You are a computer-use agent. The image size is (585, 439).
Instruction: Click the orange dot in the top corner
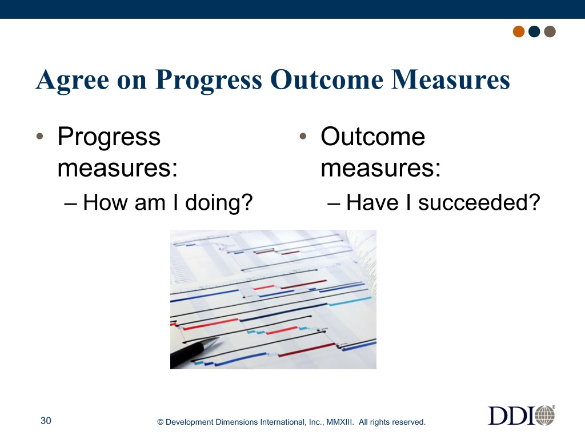coord(519,31)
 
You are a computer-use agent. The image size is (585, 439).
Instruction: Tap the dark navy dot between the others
coord(534,31)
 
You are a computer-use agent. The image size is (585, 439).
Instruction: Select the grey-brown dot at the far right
coord(550,31)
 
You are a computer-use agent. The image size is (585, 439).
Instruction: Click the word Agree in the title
coord(73,80)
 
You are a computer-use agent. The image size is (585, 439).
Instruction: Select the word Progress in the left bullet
coord(109,137)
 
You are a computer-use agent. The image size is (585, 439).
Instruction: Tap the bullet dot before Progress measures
coord(40,136)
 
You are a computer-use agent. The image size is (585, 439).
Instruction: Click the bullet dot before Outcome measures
coord(303,136)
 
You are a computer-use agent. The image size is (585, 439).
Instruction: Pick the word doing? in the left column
coord(219,203)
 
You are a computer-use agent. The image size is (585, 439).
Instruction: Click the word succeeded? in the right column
coord(479,202)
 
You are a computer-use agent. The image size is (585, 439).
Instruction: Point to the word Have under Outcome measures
coord(372,202)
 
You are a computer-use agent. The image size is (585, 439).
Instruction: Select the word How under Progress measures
coord(106,202)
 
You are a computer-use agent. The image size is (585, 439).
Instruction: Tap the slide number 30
coord(46,421)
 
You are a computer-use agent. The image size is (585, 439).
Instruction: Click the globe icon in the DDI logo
coord(545,415)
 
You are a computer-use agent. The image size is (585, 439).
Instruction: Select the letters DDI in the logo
coord(511,416)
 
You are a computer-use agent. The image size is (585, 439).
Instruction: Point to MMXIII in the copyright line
coord(340,422)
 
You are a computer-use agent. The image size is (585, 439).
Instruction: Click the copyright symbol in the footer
coord(161,422)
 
